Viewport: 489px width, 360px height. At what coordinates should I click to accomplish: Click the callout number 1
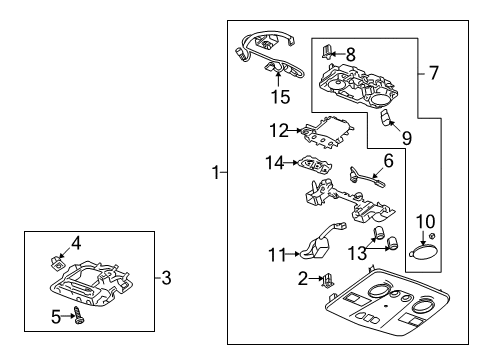(214, 173)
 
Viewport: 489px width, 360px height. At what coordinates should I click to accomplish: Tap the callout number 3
(166, 275)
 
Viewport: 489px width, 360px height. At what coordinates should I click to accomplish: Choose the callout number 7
(434, 74)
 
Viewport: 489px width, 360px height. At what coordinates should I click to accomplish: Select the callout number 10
(425, 220)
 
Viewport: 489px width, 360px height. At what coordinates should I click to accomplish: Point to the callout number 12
(280, 129)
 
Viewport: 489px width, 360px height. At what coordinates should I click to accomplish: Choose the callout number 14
(276, 161)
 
